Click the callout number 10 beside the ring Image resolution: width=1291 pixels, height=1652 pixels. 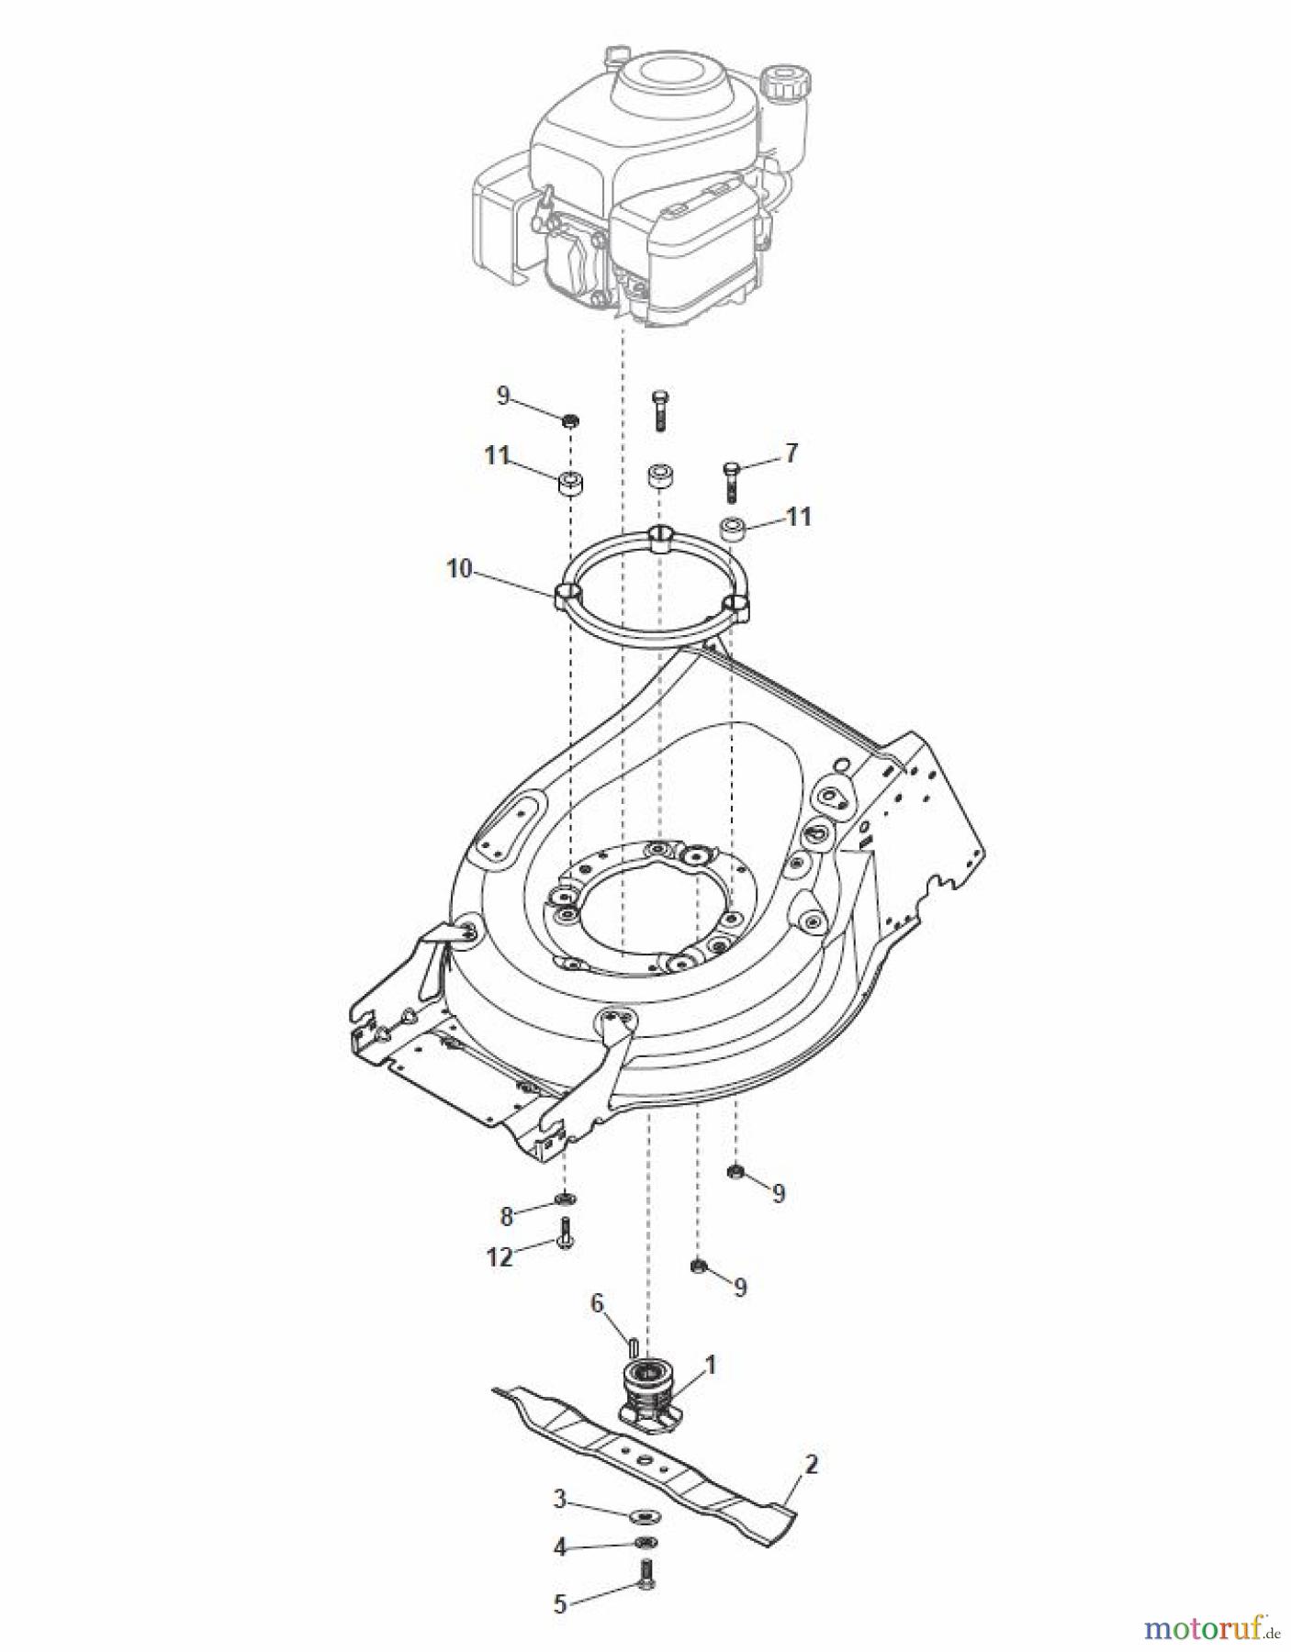tap(458, 569)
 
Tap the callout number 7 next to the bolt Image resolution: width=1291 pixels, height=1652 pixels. tap(791, 452)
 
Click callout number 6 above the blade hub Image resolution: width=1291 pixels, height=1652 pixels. tap(597, 1304)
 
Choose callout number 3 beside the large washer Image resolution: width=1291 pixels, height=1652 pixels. tap(559, 1501)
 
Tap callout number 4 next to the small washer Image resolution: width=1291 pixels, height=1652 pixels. tap(559, 1547)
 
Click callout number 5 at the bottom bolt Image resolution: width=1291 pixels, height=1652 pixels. tap(560, 1604)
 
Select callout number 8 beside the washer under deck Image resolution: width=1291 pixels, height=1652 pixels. tap(507, 1217)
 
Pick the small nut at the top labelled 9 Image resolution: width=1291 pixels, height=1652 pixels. tap(571, 420)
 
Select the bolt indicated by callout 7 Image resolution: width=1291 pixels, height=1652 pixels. tap(731, 479)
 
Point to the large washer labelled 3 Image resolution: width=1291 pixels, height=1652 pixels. tap(644, 1512)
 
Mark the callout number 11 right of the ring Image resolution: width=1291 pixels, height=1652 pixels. tap(800, 517)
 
